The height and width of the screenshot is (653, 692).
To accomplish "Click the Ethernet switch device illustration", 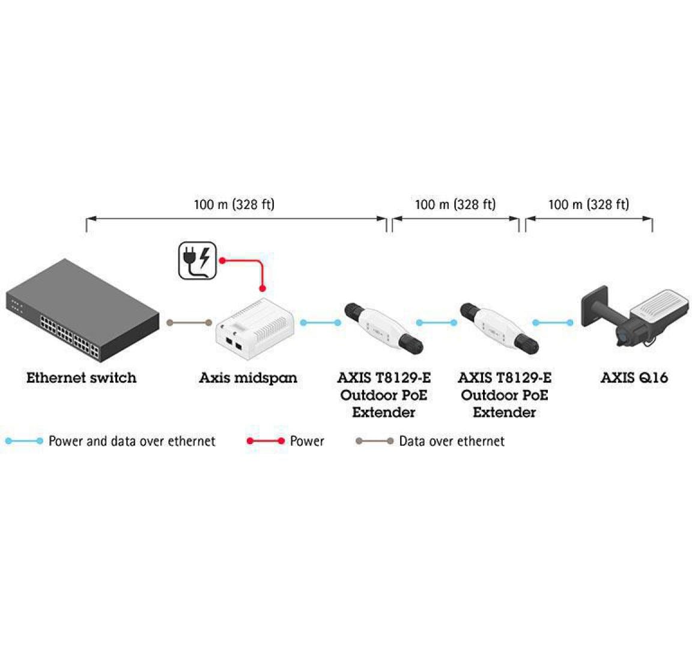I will point(82,309).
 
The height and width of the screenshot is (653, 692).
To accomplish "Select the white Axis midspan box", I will point(253,327).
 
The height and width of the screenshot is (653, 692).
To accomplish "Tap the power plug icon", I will point(197,260).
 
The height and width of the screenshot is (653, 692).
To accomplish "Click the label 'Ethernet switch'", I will point(81,378).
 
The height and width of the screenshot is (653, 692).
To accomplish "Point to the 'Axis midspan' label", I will point(248,378).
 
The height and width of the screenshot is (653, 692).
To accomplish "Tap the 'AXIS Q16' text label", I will point(634,378).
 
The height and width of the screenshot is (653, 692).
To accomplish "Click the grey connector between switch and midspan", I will point(189,323).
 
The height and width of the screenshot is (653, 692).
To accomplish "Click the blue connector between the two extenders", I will point(437,323).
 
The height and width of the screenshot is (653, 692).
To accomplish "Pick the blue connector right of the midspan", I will point(321,323).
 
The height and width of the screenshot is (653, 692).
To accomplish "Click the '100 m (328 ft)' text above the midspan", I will point(234,204).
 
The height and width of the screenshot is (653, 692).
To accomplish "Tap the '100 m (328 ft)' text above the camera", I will point(589,204).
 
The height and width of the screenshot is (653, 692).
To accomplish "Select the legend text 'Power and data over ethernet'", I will point(132,442).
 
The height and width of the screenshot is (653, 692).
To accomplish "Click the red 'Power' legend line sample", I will point(265,442).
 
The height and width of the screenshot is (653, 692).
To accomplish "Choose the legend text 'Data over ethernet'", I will point(451,442).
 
